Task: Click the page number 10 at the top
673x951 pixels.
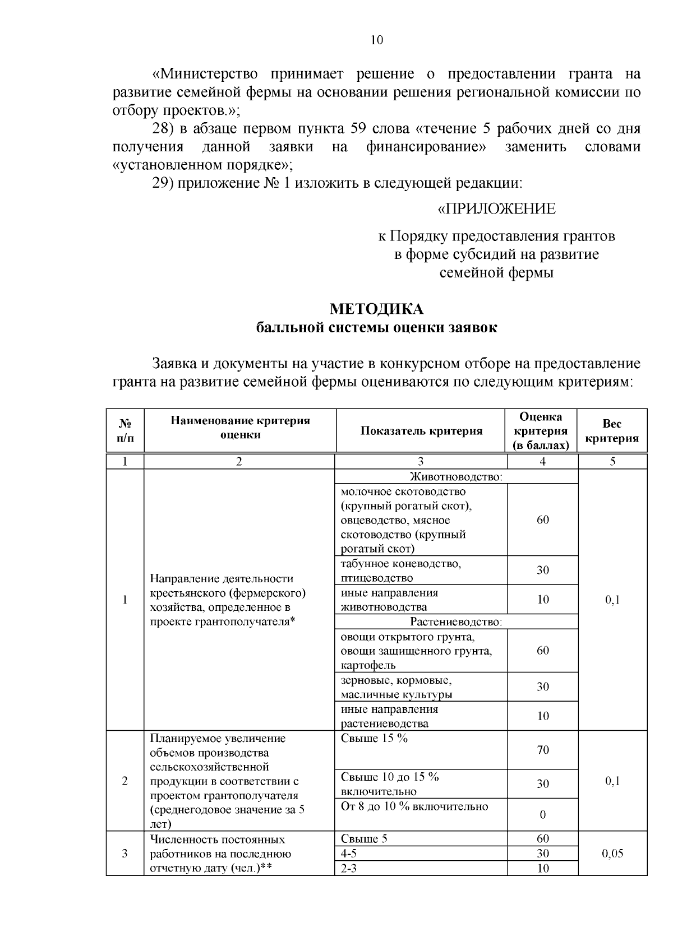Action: [x=376, y=40]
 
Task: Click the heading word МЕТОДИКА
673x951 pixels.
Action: [x=376, y=309]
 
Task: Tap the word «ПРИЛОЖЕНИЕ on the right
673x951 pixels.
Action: [x=496, y=209]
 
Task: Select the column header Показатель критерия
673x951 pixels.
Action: [x=421, y=430]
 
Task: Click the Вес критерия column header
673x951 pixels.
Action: [x=612, y=430]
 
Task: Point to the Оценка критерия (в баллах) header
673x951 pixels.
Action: [x=542, y=430]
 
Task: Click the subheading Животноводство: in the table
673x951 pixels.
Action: [x=456, y=477]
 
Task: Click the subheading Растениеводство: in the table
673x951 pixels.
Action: [x=456, y=621]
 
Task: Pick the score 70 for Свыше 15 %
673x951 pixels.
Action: [x=542, y=750]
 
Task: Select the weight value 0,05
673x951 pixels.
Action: [x=612, y=853]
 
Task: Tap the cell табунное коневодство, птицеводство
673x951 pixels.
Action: [x=401, y=570]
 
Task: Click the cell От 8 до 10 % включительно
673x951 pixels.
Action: [x=414, y=806]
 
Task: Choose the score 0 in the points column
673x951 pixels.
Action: [x=542, y=815]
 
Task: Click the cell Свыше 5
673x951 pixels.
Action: [x=364, y=839]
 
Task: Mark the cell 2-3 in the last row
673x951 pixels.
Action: [x=349, y=868]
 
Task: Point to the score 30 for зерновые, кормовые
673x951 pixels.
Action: [x=542, y=686]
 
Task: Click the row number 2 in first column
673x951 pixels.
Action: [x=125, y=781]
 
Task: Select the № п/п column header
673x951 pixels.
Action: [x=125, y=430]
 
